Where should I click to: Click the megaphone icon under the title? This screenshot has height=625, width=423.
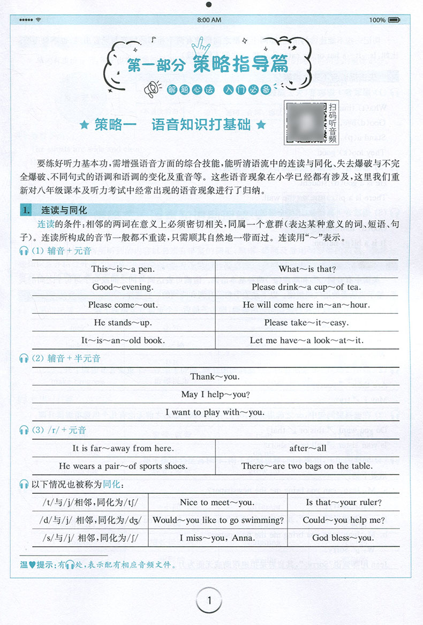point(152,89)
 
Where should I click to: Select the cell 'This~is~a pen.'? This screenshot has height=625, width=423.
point(123,269)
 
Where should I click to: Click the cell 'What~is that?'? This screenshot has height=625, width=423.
point(307,269)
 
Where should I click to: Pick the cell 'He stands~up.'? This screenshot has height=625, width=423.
point(123,322)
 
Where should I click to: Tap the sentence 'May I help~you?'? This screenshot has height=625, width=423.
point(215,394)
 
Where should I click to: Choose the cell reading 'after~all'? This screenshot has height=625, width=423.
point(307,448)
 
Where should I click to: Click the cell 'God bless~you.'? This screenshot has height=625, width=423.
point(343,538)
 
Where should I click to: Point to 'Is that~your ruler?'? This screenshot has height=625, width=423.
point(343,502)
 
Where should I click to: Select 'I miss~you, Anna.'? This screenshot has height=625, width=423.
point(217,538)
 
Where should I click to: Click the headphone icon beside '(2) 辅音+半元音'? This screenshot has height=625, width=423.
point(24,358)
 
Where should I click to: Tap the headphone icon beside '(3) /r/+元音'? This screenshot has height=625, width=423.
point(24,430)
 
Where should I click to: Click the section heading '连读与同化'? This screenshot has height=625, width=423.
point(68,210)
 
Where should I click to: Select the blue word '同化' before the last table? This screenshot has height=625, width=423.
point(111,485)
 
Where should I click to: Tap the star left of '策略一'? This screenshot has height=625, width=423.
point(84,126)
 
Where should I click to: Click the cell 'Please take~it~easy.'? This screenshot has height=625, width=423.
point(307,322)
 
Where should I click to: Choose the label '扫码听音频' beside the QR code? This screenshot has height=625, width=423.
point(333,124)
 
